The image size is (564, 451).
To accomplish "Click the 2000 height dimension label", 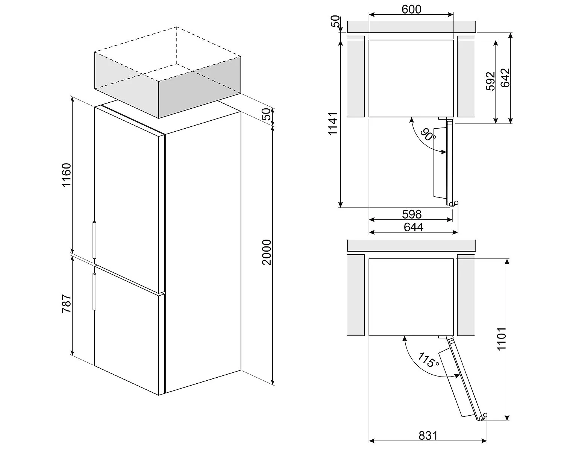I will (266, 252).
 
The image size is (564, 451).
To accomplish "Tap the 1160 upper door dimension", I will (66, 175).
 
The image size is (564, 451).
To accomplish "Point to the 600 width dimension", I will (411, 9).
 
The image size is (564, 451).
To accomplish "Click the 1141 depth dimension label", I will (333, 124).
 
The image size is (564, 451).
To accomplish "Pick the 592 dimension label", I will (490, 81).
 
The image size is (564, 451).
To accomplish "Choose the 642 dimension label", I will (505, 77).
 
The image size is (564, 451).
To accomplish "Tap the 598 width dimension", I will (412, 214).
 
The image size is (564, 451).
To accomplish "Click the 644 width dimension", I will (413, 227).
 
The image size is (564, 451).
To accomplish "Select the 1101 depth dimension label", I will (502, 339).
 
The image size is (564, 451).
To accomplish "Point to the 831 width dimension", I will (428, 436).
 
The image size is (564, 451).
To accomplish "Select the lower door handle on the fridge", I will (94, 292).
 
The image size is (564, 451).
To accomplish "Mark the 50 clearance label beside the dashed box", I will (266, 114).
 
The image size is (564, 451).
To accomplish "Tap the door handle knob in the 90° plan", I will (456, 203).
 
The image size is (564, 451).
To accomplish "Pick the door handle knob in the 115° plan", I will (485, 415).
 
